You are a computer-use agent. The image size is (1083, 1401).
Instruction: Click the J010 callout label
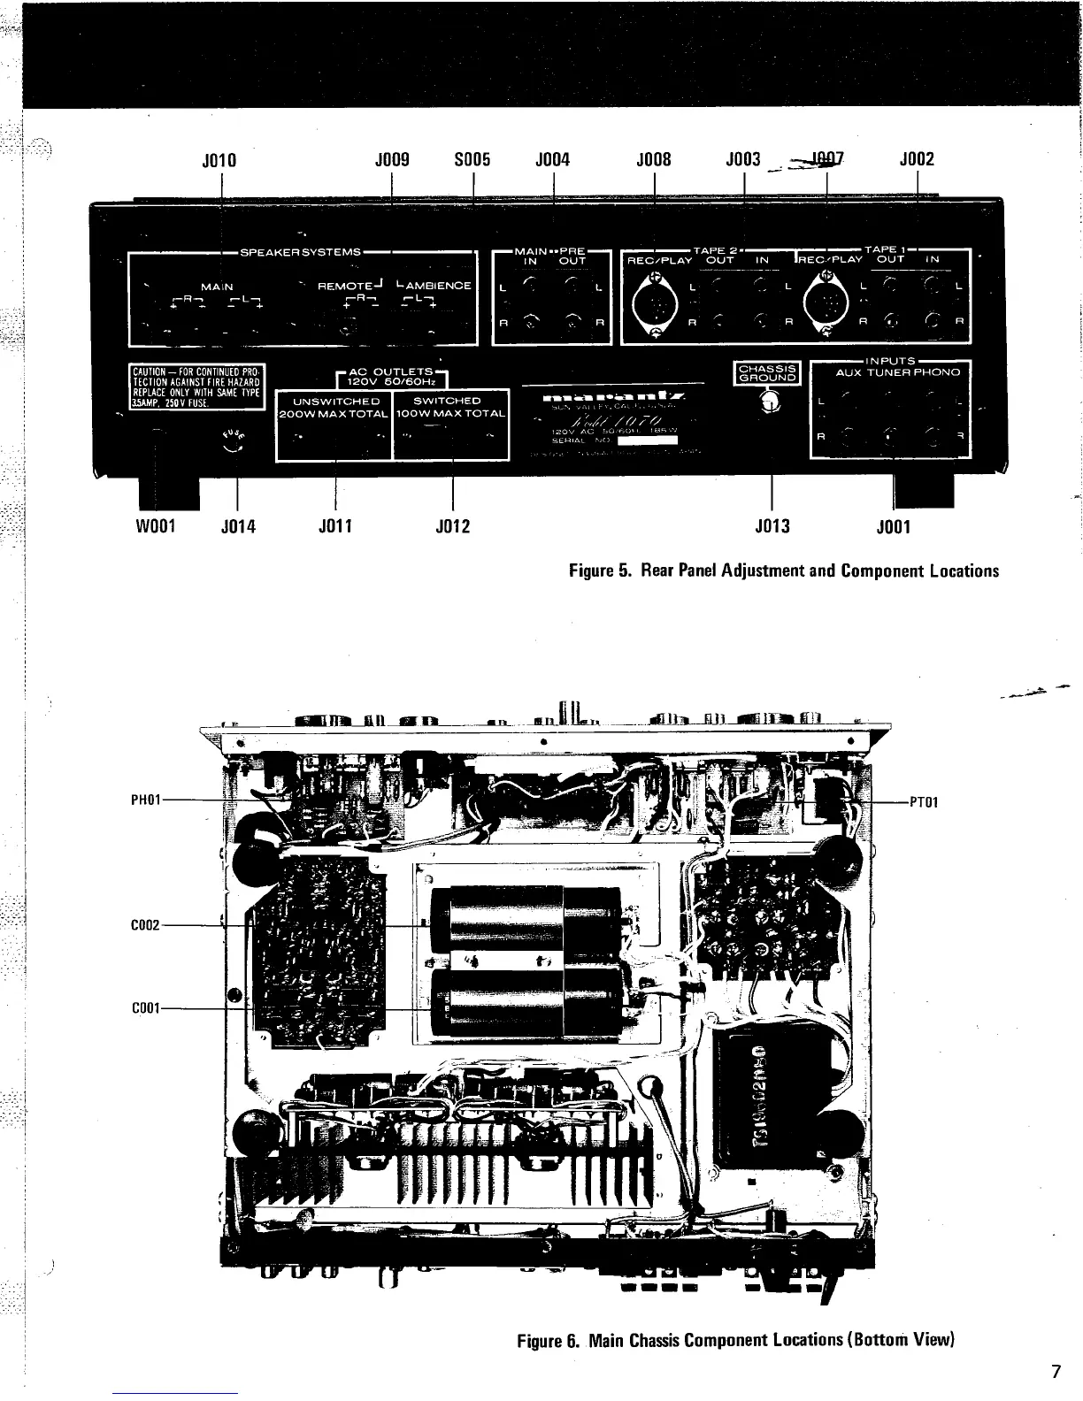(x=220, y=160)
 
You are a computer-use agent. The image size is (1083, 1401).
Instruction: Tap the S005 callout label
(x=472, y=160)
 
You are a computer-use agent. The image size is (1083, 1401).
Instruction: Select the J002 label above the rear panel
(x=917, y=160)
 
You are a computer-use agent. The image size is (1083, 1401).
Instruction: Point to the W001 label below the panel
(x=157, y=527)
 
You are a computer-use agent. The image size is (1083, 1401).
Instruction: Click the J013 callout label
(x=772, y=527)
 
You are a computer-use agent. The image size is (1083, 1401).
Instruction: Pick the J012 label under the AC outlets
(x=453, y=527)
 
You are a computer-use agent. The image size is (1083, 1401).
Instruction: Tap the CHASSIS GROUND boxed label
(x=768, y=372)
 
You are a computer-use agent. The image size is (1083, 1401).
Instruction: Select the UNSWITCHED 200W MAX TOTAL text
(x=334, y=408)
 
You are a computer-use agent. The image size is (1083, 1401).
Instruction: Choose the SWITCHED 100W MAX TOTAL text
(x=451, y=408)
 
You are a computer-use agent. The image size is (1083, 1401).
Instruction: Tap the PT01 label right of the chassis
(x=923, y=802)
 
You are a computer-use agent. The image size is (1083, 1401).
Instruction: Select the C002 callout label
(x=145, y=925)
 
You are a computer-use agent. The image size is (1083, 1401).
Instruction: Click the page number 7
(x=1055, y=1373)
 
